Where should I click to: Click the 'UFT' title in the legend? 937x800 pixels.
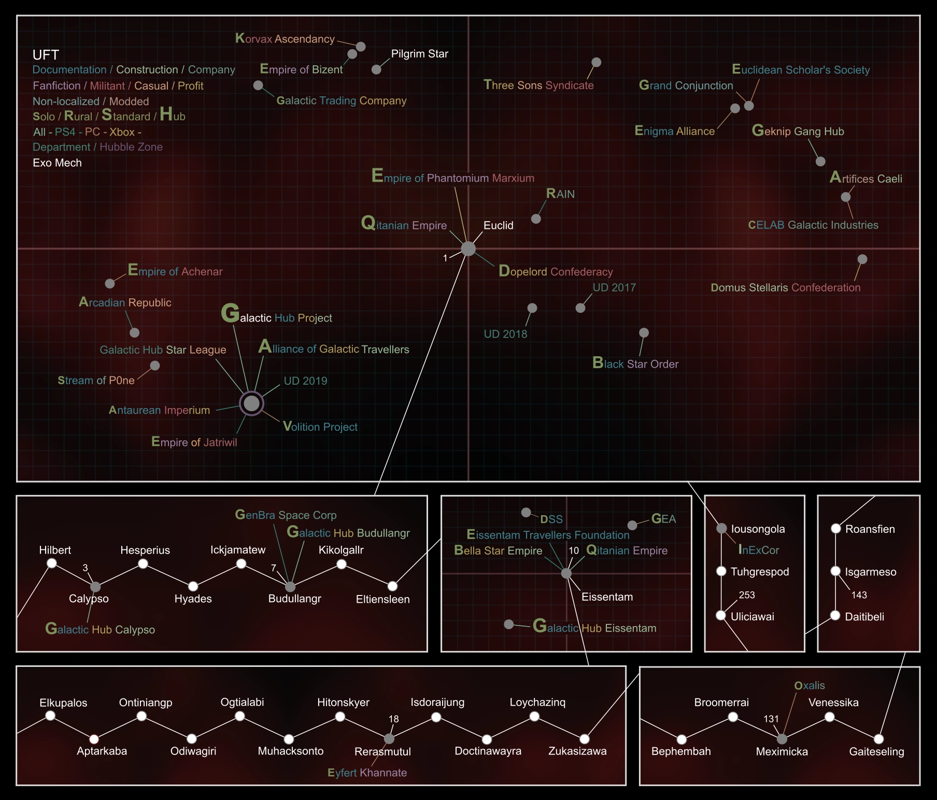(x=46, y=55)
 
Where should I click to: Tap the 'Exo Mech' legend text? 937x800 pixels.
(x=57, y=163)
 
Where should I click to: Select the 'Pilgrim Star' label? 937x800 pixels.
(x=419, y=54)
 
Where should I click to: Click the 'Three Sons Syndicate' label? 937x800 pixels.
(x=538, y=85)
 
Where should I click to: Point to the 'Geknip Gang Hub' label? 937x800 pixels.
(x=798, y=131)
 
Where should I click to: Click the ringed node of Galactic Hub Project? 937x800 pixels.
(x=251, y=403)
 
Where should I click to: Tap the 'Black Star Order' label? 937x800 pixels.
(x=635, y=363)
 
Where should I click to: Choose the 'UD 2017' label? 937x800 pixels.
(x=614, y=287)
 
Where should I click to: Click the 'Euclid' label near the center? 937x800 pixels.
(x=498, y=225)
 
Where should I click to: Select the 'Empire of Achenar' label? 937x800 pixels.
(x=175, y=271)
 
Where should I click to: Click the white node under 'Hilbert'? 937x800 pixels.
(x=52, y=563)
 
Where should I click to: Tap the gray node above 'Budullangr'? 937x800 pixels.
(x=290, y=587)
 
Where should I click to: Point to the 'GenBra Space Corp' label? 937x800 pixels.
(x=286, y=515)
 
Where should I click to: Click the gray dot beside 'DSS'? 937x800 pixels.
(x=526, y=513)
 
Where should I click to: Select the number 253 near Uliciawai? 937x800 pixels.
(x=747, y=595)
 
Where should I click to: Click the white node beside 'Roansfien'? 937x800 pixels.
(x=835, y=529)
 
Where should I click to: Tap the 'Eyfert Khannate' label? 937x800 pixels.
(x=367, y=773)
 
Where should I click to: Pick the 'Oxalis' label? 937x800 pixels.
(x=809, y=686)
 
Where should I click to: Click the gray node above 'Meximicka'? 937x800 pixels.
(x=782, y=739)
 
